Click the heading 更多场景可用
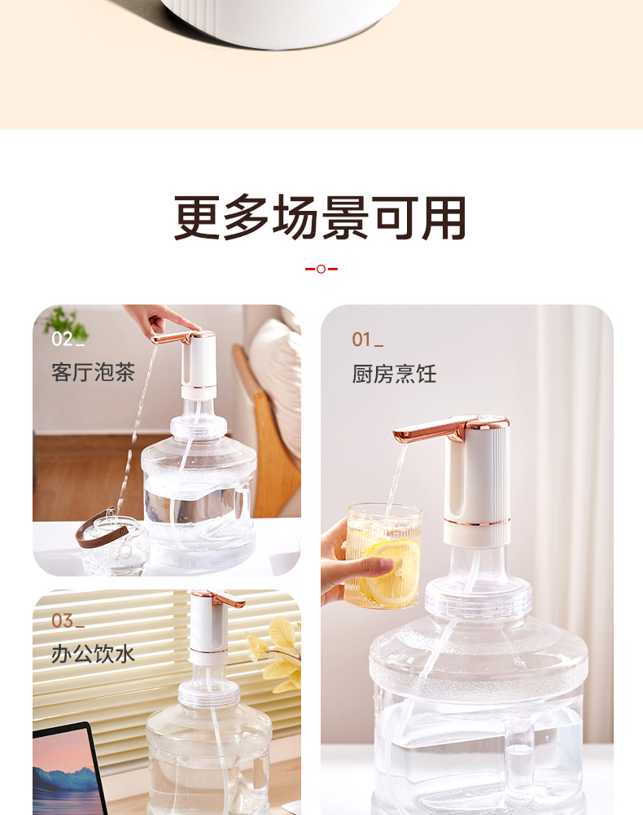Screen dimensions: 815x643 (x=321, y=218)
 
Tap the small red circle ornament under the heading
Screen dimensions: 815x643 (x=321, y=269)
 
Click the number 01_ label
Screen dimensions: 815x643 (x=367, y=340)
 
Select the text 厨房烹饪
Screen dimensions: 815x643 (x=394, y=374)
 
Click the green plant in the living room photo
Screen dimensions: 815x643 (x=65, y=322)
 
